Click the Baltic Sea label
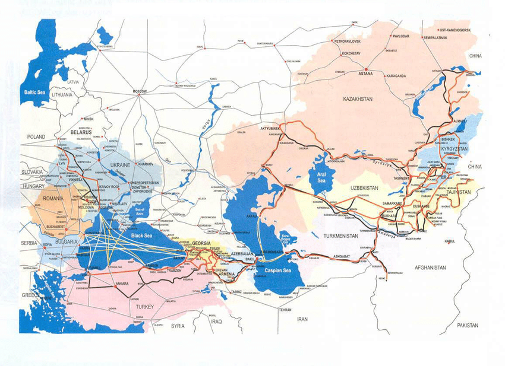(34, 93)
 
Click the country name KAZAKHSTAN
(357, 100)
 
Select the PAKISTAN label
(468, 326)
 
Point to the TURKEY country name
(144, 306)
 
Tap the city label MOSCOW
(139, 91)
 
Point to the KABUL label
(449, 241)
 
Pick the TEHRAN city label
(286, 310)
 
